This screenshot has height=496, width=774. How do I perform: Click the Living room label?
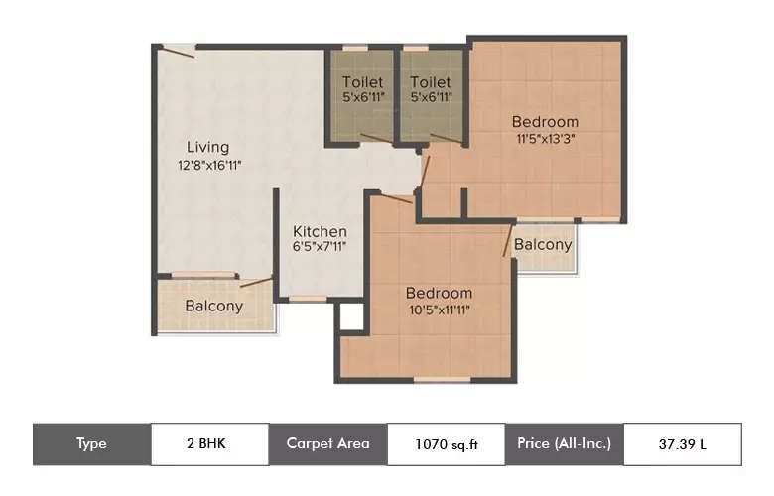pos(207,148)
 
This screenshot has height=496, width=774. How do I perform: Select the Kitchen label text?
pos(320,232)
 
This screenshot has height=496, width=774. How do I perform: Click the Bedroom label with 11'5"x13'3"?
pos(545,122)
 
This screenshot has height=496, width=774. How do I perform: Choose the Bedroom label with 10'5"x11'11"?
pos(439,293)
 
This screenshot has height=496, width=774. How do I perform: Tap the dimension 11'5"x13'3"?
pos(545,139)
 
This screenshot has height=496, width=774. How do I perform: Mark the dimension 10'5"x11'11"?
pos(439,310)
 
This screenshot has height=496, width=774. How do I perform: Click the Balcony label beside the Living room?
pos(214,306)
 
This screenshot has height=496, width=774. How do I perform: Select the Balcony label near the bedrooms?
pos(543,244)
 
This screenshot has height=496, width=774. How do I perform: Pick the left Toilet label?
pos(362,82)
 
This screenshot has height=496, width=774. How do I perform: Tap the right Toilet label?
pos(431,82)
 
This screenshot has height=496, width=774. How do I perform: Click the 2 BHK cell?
pos(209,443)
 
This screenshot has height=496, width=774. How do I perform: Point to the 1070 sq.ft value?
pos(446,444)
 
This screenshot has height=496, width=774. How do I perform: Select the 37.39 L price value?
pos(683,444)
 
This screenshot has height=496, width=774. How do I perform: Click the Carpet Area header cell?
pos(327,443)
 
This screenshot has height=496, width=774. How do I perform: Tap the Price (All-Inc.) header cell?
pos(565,443)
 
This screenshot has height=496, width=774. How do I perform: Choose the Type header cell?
pos(91,443)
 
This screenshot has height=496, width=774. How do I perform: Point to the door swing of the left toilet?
pos(376,138)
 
